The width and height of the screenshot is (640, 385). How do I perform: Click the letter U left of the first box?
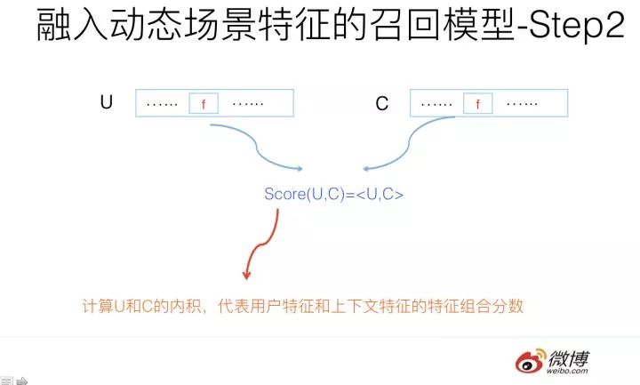(106, 103)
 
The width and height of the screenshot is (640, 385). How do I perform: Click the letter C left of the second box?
(382, 104)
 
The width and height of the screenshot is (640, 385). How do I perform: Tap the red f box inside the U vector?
(204, 104)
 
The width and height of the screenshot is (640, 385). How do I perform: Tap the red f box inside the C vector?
(478, 104)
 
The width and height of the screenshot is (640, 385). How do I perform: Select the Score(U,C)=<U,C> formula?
(333, 193)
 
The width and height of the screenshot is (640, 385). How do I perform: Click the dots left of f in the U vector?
(162, 103)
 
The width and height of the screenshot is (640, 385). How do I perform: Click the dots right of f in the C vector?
(522, 103)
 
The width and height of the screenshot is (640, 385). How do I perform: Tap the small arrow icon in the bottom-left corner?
(22, 380)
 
